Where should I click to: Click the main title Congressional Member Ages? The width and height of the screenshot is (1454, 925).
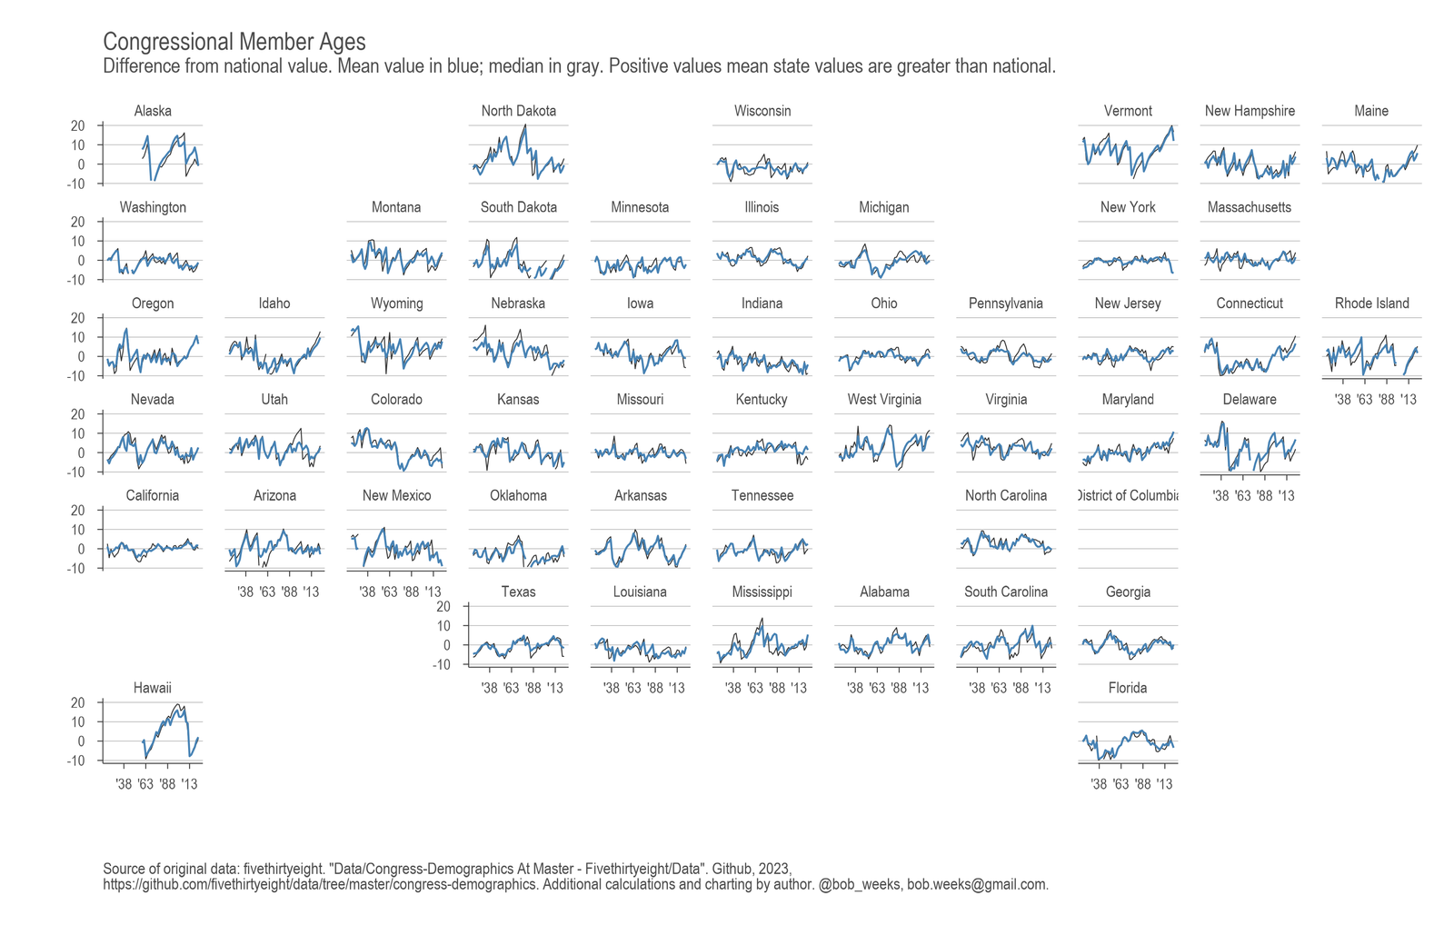click(x=234, y=42)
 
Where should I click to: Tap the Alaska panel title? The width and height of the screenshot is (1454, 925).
click(x=153, y=111)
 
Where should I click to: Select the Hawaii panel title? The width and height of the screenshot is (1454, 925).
click(x=153, y=688)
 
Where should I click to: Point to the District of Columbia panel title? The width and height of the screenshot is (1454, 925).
click(x=1128, y=495)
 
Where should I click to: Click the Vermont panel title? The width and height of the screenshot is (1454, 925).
click(x=1128, y=111)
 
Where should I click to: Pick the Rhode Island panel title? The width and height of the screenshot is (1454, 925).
click(x=1371, y=303)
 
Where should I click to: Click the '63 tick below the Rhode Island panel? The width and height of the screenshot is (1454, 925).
click(x=1364, y=400)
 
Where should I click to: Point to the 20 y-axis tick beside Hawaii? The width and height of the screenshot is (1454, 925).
click(x=78, y=702)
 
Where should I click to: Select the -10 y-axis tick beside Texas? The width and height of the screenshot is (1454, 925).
click(x=442, y=664)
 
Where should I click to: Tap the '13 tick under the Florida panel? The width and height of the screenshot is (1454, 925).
click(x=1164, y=784)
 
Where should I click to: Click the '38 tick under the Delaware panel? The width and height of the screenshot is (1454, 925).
click(x=1220, y=496)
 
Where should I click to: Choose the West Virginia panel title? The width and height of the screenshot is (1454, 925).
click(x=884, y=400)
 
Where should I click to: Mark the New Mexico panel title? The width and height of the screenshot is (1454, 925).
click(x=396, y=496)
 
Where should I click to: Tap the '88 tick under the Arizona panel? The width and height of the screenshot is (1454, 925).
click(x=289, y=592)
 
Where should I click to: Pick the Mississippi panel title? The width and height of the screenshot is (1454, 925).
click(x=762, y=592)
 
